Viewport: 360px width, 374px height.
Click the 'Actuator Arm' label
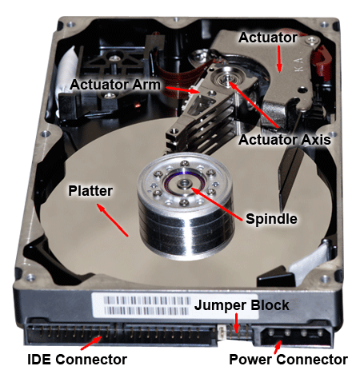pos(115,85)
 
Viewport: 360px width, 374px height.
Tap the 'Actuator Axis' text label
pos(285,139)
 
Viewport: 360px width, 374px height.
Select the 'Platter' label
pos(90,191)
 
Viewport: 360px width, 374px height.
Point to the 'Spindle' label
pos(271,219)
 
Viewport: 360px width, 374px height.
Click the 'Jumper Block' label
pos(242,305)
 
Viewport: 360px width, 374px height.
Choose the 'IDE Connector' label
pos(77,360)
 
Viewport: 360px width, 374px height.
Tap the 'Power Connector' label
pos(288,360)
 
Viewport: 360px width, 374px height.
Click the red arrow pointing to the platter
pos(112,220)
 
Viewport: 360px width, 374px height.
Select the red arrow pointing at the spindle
pos(217,205)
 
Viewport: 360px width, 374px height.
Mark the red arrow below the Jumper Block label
pos(236,323)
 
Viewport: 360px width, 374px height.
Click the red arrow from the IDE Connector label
pos(91,343)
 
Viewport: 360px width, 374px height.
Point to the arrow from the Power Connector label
pos(278,348)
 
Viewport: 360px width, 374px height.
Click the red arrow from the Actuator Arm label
pos(182,90)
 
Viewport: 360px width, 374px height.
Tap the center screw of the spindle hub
pos(184,183)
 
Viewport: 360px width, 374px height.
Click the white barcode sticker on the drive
pos(175,306)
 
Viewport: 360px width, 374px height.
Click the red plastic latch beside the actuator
pos(322,62)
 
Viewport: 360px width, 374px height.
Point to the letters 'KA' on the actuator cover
pos(299,64)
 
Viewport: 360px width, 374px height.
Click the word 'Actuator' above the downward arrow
pos(268,38)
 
